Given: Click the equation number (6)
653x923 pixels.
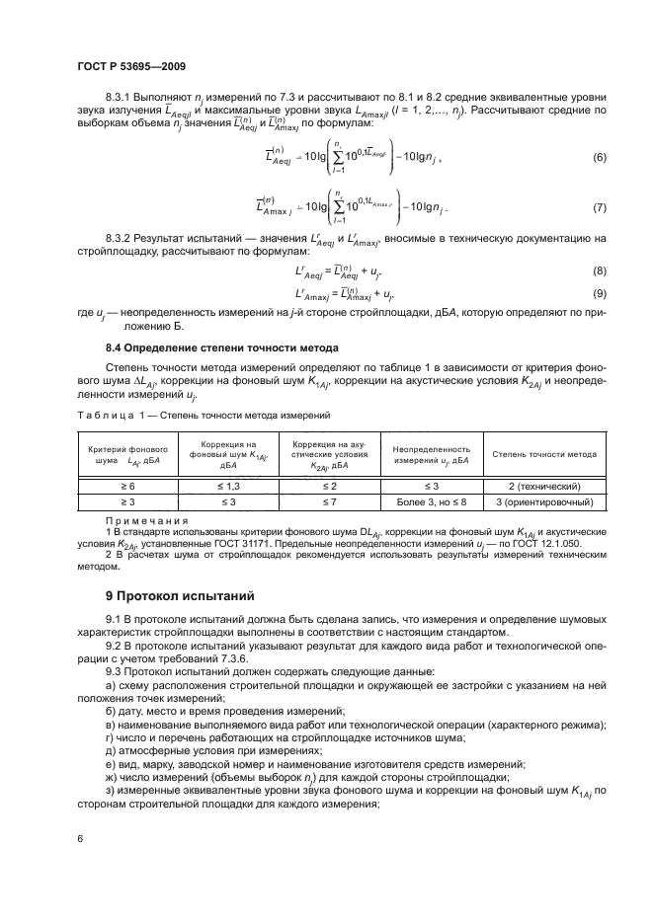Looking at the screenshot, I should (x=599, y=159).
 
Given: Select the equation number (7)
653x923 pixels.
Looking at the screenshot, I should (x=599, y=208).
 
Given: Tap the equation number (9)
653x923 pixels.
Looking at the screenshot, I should (x=599, y=293).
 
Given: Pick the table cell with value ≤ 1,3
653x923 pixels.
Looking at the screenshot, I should (x=228, y=487).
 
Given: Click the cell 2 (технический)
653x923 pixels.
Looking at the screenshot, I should (x=543, y=487).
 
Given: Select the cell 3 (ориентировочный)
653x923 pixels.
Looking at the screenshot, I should (x=543, y=502).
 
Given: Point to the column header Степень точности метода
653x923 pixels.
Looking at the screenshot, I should (x=544, y=455).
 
